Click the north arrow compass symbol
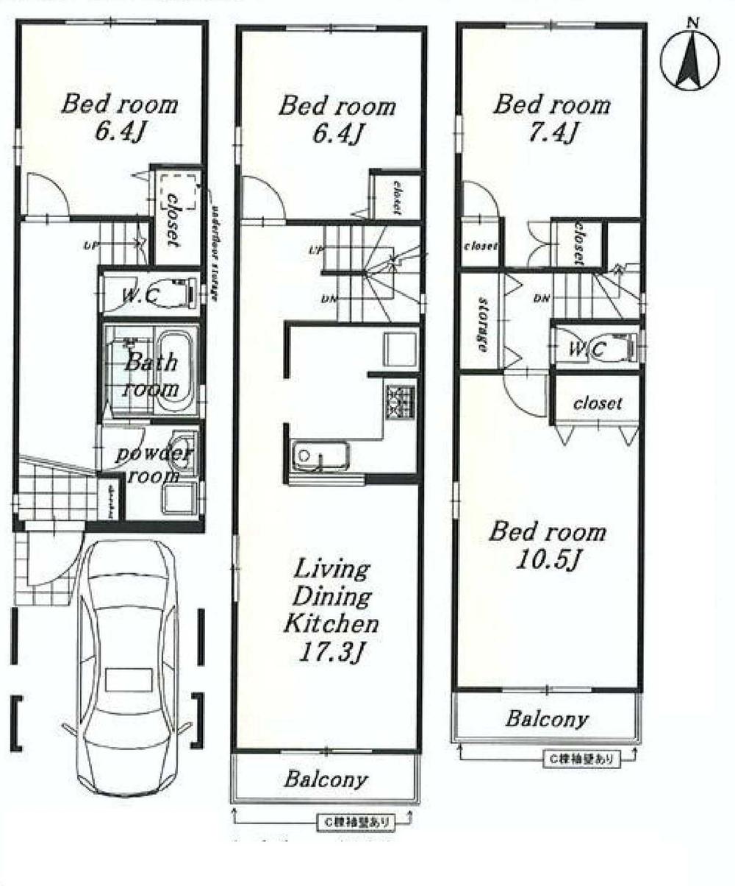[690, 60]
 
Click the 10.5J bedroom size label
[548, 561]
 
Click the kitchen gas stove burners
[401, 400]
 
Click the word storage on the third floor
[482, 325]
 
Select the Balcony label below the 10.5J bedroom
[547, 719]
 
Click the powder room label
[154, 464]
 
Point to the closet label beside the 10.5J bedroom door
[598, 403]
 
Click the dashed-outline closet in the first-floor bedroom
[176, 192]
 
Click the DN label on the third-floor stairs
[542, 298]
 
